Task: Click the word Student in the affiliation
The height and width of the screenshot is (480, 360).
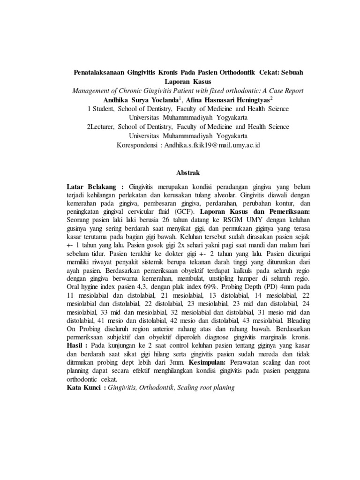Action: [104, 108]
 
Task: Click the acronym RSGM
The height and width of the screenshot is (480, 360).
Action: [212, 220]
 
